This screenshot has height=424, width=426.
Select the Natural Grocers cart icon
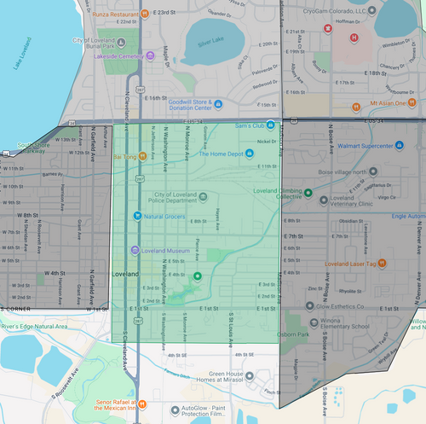[x=137, y=216]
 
